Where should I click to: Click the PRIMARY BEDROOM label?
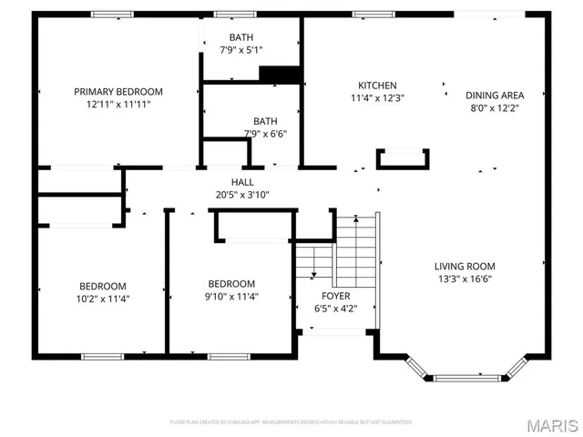pos(118,91)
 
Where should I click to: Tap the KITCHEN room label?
pos(377,85)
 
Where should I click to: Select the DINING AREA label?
pos(494,95)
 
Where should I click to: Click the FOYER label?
pos(335,296)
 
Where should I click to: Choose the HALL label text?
pos(242,182)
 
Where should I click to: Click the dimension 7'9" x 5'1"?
pos(241,50)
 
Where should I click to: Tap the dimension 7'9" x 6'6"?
pos(265,134)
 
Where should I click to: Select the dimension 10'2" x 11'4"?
pos(101,298)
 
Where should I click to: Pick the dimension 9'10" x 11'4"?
pos(231,296)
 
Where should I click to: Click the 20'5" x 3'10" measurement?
pos(242,194)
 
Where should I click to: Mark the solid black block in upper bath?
pos(280,75)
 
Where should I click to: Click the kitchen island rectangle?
pos(402,158)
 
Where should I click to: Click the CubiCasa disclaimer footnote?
pos(291,422)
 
